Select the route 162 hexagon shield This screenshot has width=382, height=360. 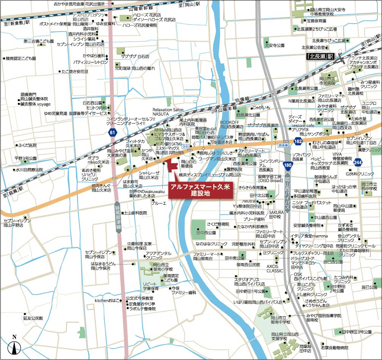(298, 142)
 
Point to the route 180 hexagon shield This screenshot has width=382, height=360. (288, 165)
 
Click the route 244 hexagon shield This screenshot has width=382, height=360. (358, 162)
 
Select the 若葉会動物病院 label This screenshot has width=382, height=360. (334, 348)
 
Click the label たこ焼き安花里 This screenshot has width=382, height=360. (75, 71)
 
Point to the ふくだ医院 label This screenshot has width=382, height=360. (27, 145)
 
